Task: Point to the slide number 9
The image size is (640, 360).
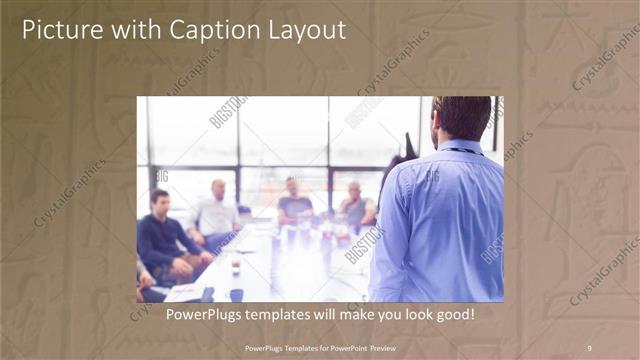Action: click(589, 348)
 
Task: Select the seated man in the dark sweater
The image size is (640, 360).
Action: click(162, 235)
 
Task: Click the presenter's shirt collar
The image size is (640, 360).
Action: click(462, 146)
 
